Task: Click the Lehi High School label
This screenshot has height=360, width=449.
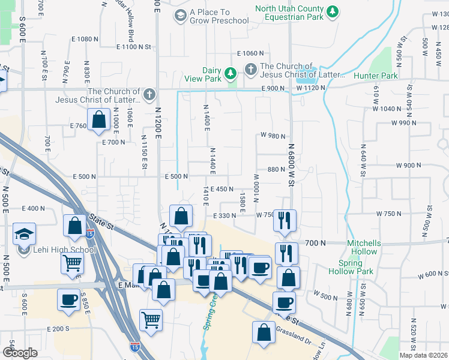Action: (64, 250)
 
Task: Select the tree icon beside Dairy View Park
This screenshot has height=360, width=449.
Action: (229, 74)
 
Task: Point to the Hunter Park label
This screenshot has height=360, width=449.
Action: (376, 76)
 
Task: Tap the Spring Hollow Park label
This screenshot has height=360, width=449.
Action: (357, 267)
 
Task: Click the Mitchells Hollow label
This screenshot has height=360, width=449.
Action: (364, 247)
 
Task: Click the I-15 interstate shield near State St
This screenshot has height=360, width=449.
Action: (90, 230)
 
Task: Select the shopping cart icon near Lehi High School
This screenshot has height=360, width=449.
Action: (72, 262)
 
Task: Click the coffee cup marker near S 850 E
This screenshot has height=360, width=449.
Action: (68, 299)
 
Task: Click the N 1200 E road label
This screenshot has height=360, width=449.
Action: (158, 122)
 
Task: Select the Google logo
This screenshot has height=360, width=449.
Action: (20, 353)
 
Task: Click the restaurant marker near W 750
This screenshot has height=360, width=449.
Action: (284, 220)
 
